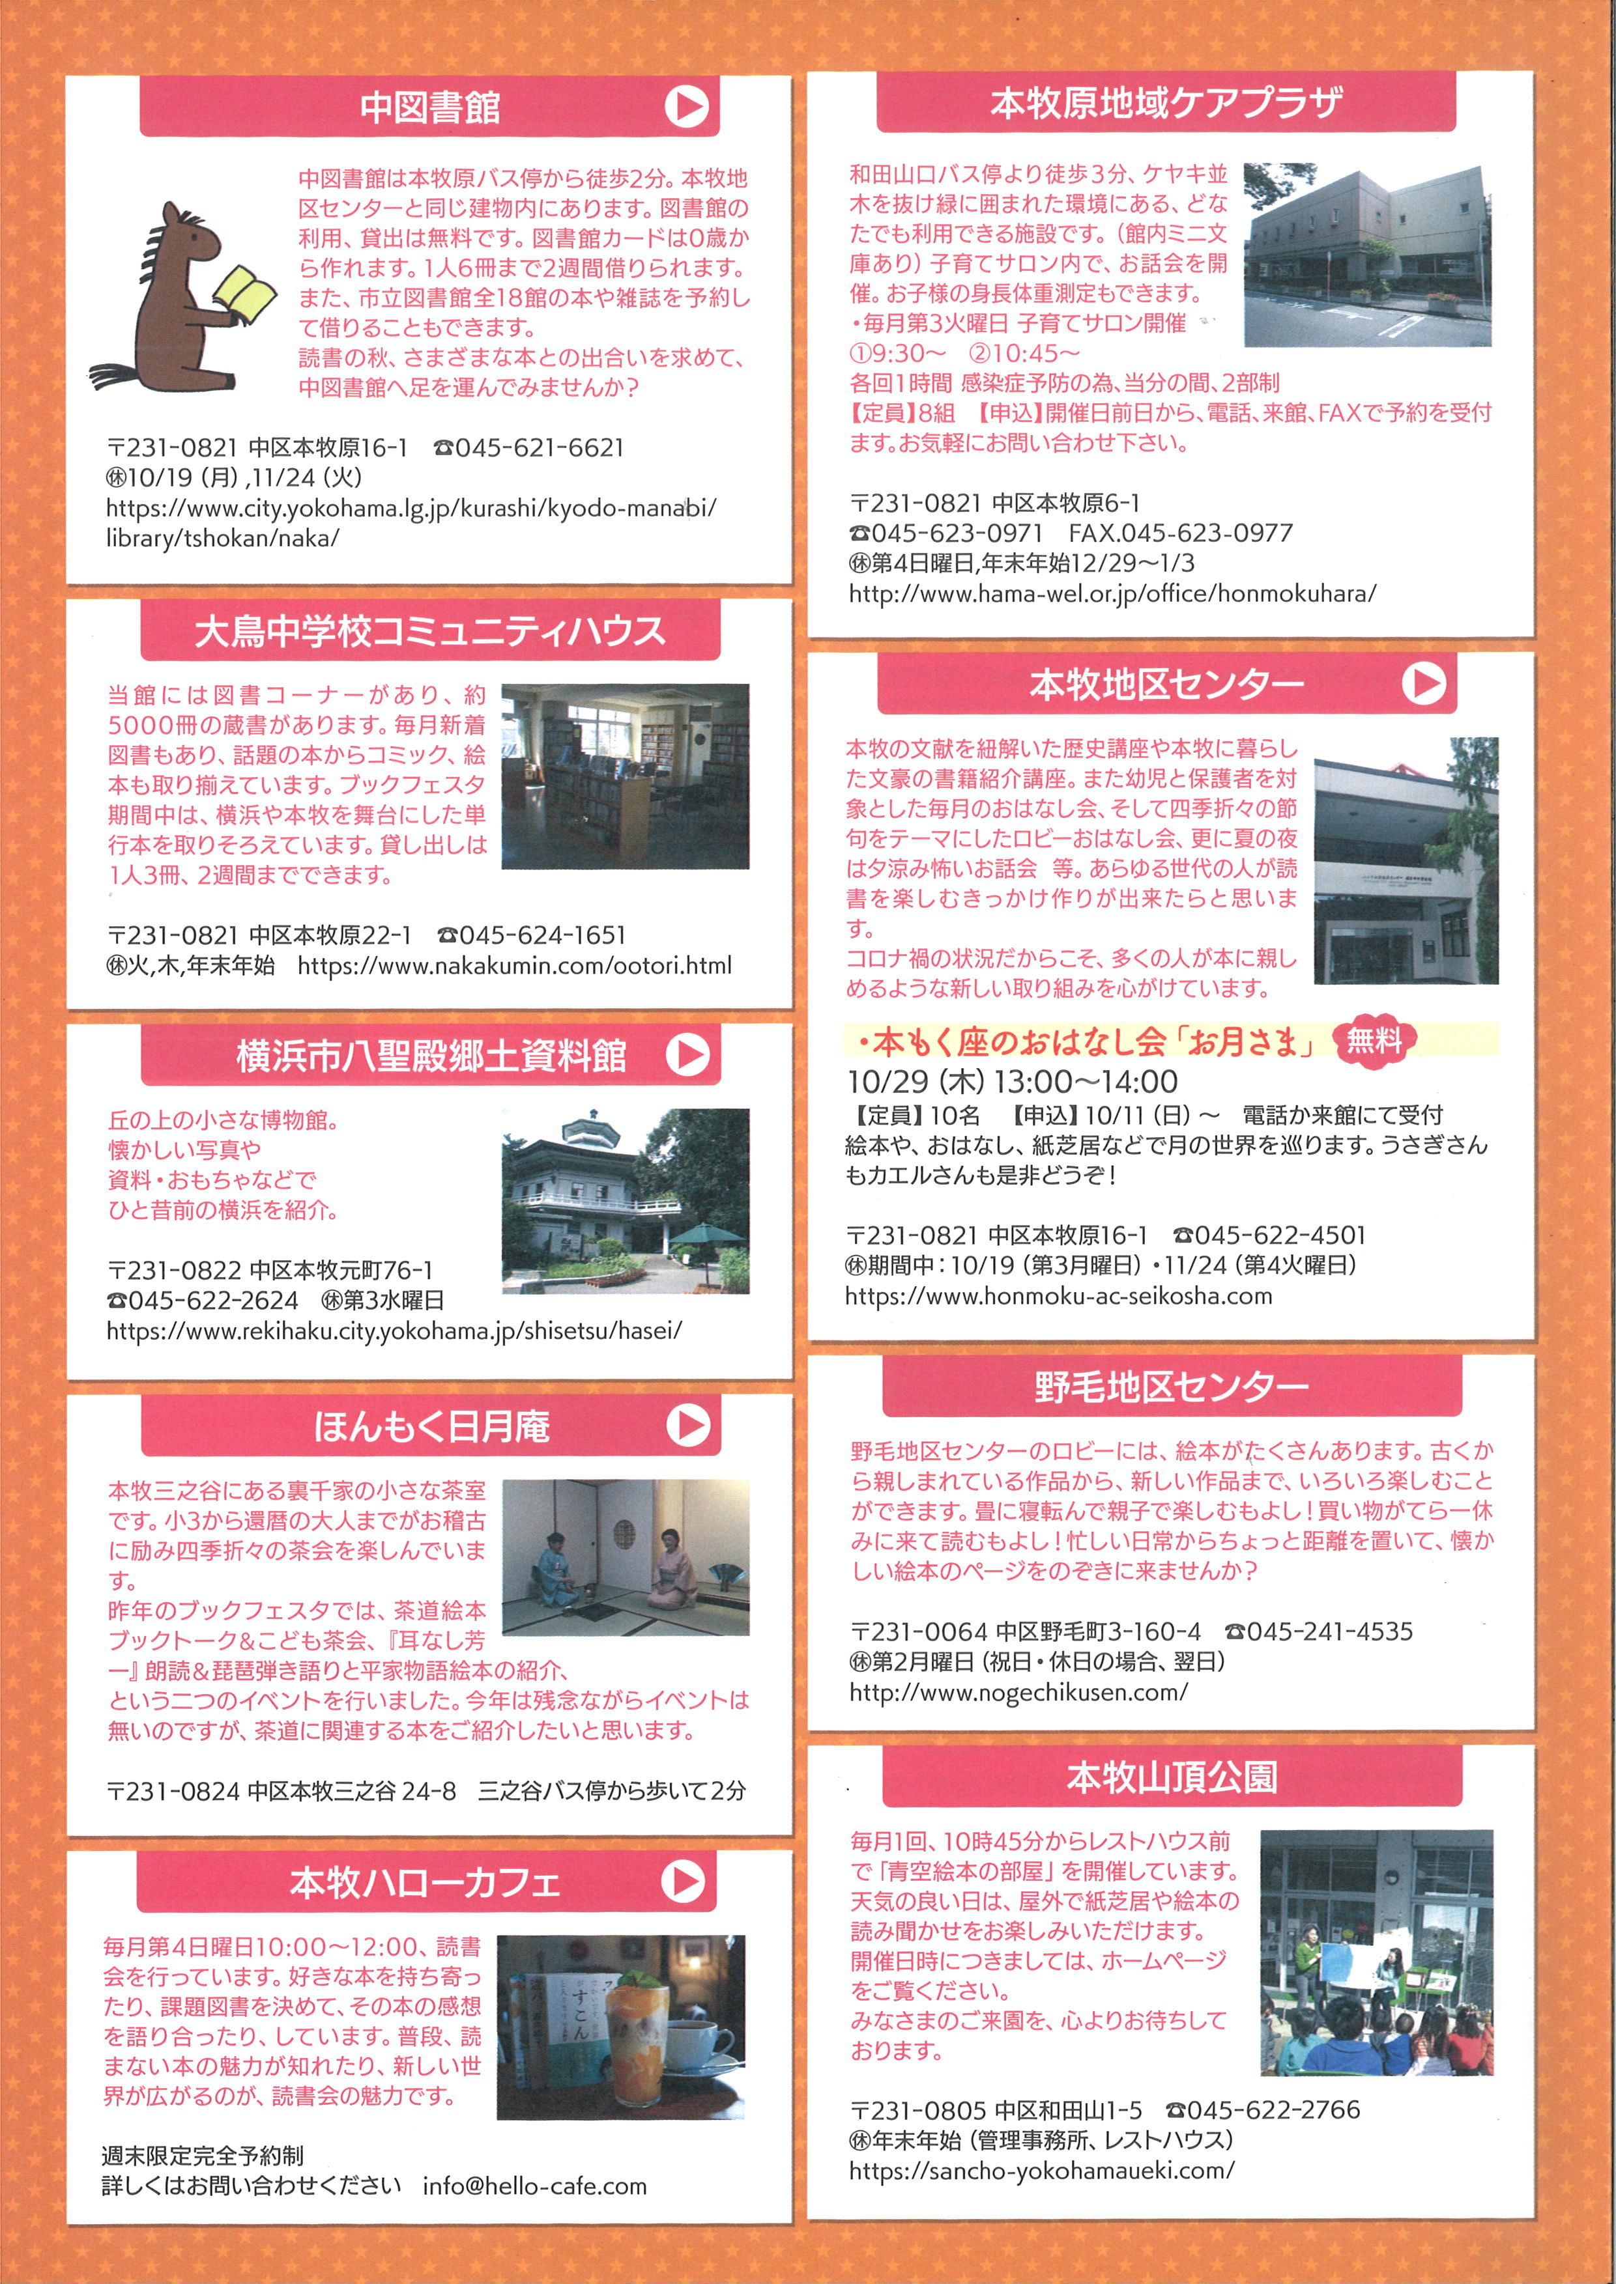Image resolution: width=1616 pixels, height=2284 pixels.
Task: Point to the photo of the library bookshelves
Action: click(x=625, y=776)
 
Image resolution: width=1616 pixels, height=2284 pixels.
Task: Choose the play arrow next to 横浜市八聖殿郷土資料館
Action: click(x=687, y=1054)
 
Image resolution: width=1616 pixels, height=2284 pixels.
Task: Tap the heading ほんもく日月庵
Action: click(x=431, y=1426)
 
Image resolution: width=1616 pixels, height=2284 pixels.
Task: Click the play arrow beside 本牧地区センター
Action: click(x=1423, y=683)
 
